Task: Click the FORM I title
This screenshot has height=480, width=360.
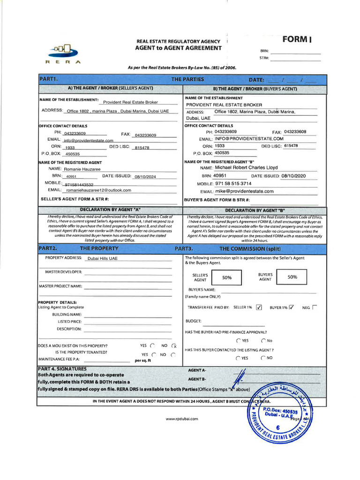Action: [x=297, y=39]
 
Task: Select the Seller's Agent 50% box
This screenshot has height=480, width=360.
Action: [x=227, y=277]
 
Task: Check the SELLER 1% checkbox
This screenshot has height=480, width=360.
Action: [x=259, y=307]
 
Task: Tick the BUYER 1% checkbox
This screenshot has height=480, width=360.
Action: [x=291, y=307]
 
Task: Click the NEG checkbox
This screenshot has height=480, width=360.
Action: [x=314, y=307]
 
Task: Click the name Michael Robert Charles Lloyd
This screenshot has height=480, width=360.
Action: [x=246, y=167]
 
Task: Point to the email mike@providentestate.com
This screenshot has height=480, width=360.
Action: [x=244, y=191]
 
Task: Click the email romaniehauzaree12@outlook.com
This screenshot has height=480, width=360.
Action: [x=98, y=190]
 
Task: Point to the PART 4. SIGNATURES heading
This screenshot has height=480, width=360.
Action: [x=62, y=369]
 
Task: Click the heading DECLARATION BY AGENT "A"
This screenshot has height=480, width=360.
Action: [x=110, y=210]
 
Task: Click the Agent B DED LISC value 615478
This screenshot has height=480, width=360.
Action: [x=291, y=146]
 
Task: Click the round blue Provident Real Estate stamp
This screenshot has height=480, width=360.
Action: [x=280, y=412]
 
